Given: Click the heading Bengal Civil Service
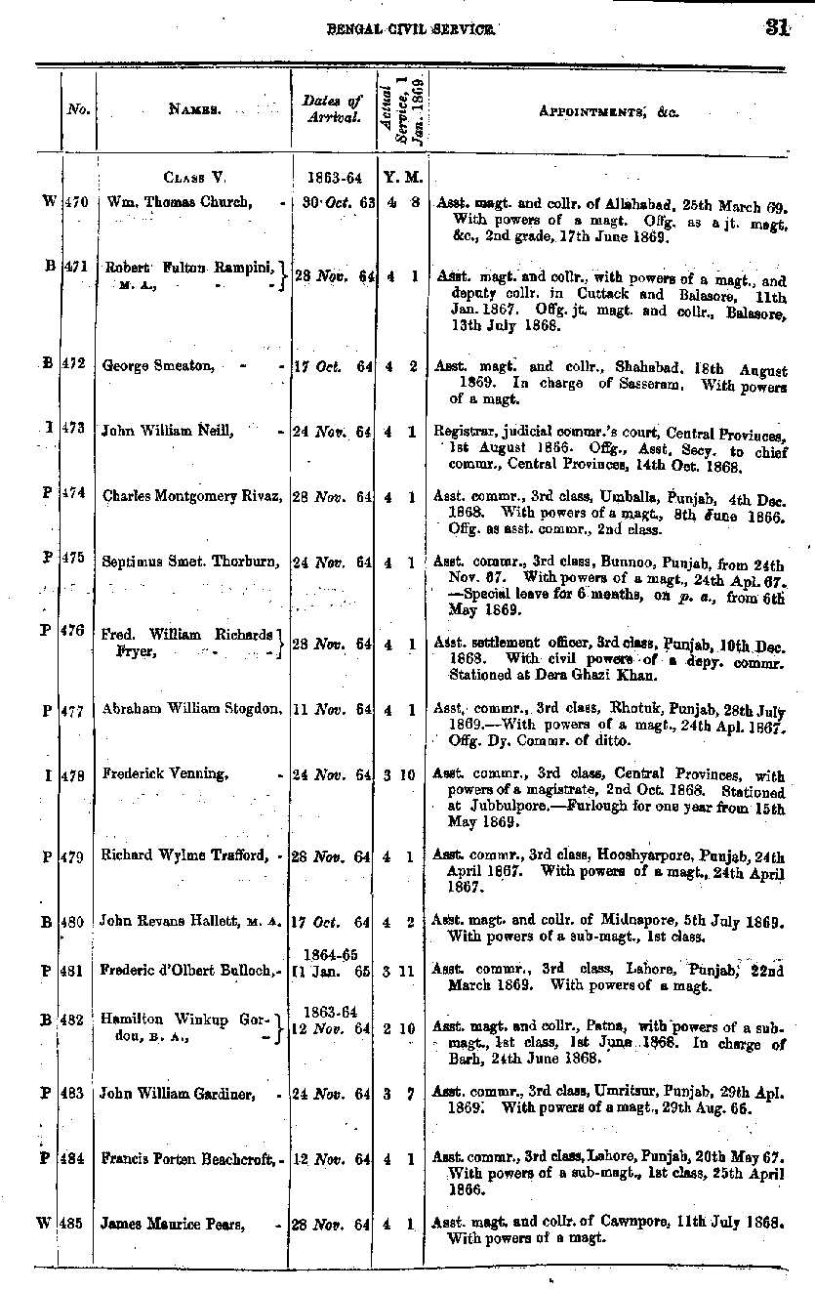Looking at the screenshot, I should point(410,29).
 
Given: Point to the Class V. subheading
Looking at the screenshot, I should point(194,178).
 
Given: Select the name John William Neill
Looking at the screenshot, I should point(167,431).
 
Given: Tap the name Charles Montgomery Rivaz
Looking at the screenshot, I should point(191,495).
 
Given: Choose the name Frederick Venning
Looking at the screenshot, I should point(165,774).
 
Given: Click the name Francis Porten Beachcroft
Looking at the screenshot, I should point(191,1159).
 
